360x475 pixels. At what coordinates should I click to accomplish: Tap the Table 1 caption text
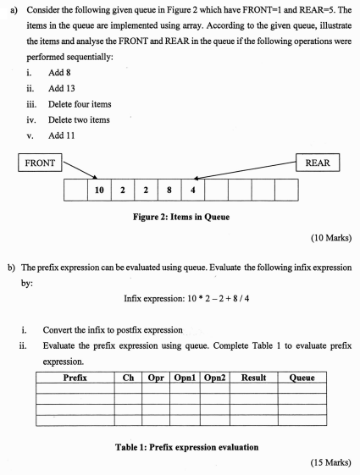point(180,440)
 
